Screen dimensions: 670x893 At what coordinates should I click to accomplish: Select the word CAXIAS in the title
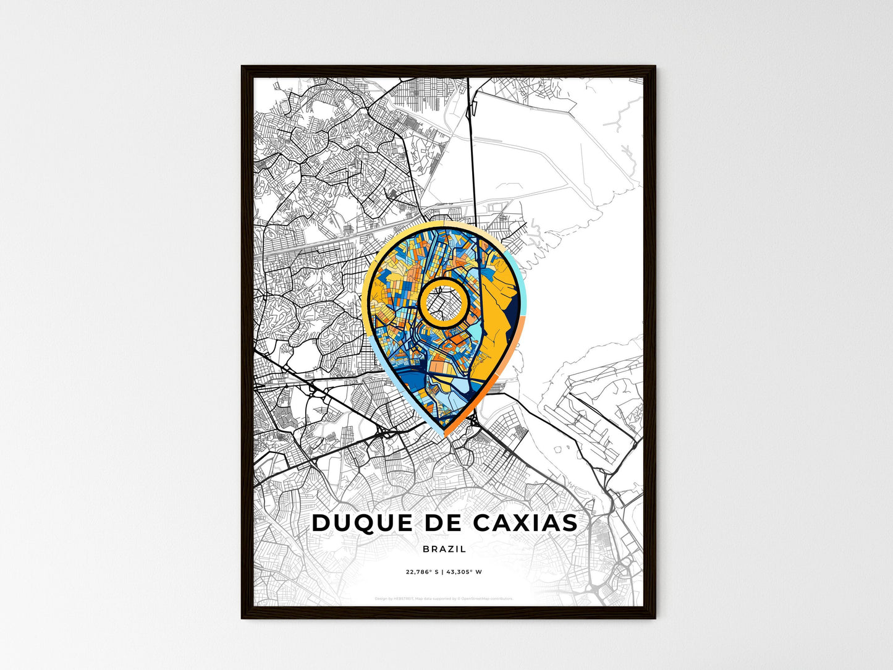coord(525,523)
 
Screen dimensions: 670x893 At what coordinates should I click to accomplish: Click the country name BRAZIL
coord(445,549)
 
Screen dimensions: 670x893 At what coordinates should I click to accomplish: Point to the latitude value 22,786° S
coord(422,572)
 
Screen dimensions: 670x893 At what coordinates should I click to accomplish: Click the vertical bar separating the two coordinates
coord(442,572)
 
